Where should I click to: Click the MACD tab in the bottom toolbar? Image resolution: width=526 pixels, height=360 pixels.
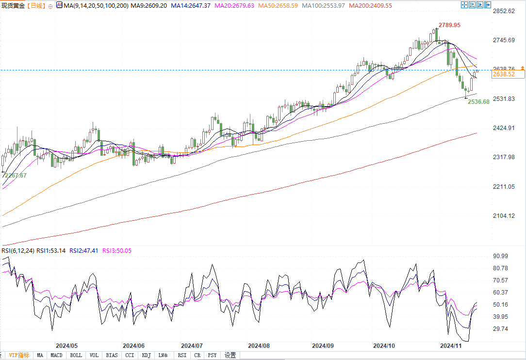tap(57, 355)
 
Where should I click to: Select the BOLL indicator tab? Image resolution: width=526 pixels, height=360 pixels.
tap(76, 355)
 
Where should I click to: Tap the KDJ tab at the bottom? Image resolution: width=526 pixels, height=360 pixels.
tap(146, 355)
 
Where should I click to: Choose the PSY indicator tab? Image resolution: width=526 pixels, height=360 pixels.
tap(213, 355)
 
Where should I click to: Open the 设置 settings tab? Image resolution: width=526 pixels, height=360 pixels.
tap(230, 355)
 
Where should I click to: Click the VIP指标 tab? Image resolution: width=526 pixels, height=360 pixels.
tap(19, 355)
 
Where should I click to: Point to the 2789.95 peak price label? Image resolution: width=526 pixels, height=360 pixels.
tap(449, 25)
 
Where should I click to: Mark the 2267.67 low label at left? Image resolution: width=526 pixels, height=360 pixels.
tap(16, 176)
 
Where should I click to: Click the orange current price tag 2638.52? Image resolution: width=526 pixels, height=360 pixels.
tap(503, 74)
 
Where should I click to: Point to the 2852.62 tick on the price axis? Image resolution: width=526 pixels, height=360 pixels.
tap(503, 11)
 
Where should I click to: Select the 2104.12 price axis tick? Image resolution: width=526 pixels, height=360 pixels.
tap(503, 216)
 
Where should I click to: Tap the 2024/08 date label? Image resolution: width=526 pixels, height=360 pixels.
tap(259, 346)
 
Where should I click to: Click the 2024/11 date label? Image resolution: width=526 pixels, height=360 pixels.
tap(450, 346)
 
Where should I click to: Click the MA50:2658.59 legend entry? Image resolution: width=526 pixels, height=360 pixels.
tap(278, 5)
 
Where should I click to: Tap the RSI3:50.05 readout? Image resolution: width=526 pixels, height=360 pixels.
tap(116, 251)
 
